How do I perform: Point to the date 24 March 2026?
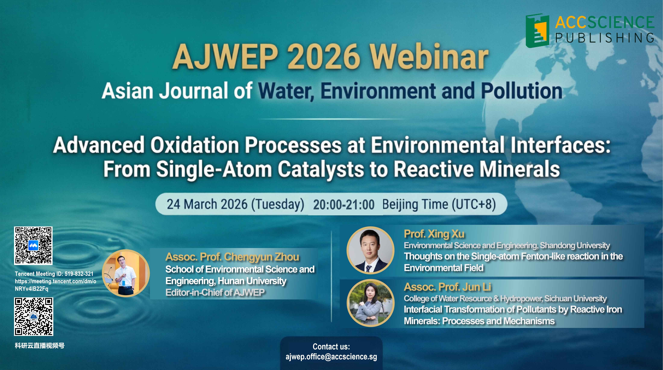coord(207,204)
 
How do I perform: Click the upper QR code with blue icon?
coord(33,246)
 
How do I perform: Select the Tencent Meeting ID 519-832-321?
coord(79,274)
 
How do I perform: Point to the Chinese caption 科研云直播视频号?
coord(40,346)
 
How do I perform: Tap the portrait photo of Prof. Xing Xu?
coord(370,250)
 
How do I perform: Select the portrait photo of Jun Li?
coord(370,303)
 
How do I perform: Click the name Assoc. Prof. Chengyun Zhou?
coord(232,257)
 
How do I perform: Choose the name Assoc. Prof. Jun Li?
coord(448,287)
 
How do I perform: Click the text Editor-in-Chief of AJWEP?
coord(215,293)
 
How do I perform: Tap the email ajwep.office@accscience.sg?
coord(331,357)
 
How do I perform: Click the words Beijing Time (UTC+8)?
coord(439,205)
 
